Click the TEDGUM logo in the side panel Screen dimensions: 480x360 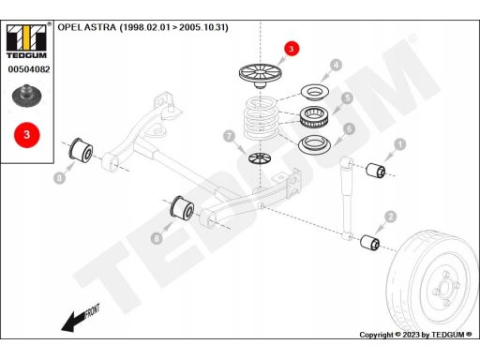coord(26,41)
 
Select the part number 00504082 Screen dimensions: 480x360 coord(29,69)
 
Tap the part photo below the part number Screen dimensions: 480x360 coord(27,95)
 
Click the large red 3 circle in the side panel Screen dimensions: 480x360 coord(27,135)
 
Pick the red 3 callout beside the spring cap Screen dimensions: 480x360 coord(292,49)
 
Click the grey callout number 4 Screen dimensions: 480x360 coord(336,66)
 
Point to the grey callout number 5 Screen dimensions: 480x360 coord(347,98)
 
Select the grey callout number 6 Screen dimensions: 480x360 coord(349,128)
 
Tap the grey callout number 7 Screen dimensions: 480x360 coord(229,136)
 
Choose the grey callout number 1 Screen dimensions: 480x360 coord(400,144)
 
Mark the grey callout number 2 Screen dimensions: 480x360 coord(390,217)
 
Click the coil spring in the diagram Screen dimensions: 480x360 coord(261,118)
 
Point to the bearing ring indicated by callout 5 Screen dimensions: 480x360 coord(313,116)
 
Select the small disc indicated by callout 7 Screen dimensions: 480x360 coord(260,157)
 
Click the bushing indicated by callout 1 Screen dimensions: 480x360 coord(376,171)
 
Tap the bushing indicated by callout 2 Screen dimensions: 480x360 coord(370,243)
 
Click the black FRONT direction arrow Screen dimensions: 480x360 coord(73,321)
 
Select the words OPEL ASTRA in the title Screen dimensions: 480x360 coord(87,27)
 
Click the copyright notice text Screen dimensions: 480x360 coord(415,335)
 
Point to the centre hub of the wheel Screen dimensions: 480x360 coord(444,288)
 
